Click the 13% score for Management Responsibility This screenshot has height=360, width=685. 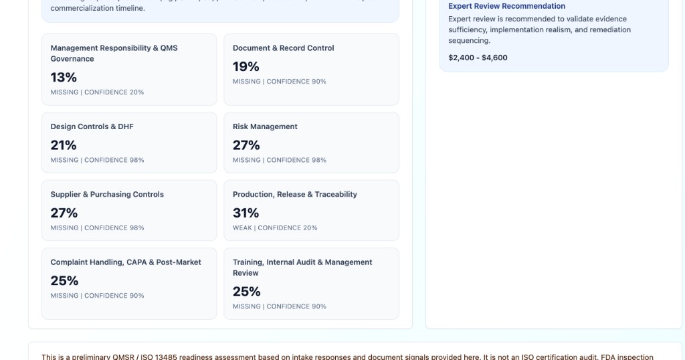tap(64, 78)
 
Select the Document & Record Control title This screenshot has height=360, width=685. tap(283, 48)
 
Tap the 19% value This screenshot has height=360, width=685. tap(246, 67)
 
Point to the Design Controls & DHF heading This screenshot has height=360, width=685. tap(92, 126)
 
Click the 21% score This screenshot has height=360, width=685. tap(64, 145)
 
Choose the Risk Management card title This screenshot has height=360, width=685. tap(265, 126)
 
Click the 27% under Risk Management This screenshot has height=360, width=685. tap(246, 145)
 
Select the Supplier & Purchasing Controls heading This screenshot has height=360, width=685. tap(107, 195)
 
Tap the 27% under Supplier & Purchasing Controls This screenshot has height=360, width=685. tap(64, 213)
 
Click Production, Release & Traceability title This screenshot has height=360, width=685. tap(294, 195)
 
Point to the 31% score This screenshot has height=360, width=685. tap(246, 213)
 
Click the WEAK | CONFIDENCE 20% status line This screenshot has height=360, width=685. tap(275, 228)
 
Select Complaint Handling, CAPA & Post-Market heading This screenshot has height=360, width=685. tap(126, 262)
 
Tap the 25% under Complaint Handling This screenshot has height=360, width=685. tap(64, 281)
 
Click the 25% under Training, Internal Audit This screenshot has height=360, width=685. tap(246, 292)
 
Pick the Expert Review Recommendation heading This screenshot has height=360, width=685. tap(506, 6)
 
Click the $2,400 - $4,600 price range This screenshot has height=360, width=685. tap(478, 58)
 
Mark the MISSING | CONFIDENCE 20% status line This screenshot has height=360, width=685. tap(97, 92)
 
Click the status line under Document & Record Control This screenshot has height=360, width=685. tap(279, 82)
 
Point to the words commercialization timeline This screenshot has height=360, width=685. tap(97, 8)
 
